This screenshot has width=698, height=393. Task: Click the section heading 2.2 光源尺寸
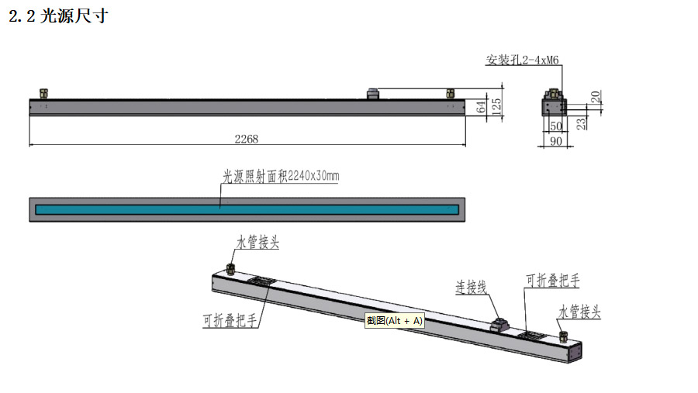[x=58, y=16]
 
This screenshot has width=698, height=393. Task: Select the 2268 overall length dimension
[x=246, y=139]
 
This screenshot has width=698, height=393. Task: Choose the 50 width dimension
[x=555, y=125]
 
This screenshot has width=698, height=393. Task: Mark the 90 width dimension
[x=555, y=140]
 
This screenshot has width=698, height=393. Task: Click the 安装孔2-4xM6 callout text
[x=520, y=60]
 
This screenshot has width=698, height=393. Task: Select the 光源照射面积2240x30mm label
[x=281, y=177]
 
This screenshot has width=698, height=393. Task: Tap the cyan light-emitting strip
[x=246, y=209]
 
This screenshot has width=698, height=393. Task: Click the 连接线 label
[x=470, y=287]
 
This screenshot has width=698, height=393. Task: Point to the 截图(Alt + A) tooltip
[x=395, y=320]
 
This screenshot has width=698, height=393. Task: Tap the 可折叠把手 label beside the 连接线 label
[x=552, y=281]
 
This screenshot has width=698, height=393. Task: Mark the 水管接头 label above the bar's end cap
[x=579, y=312]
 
